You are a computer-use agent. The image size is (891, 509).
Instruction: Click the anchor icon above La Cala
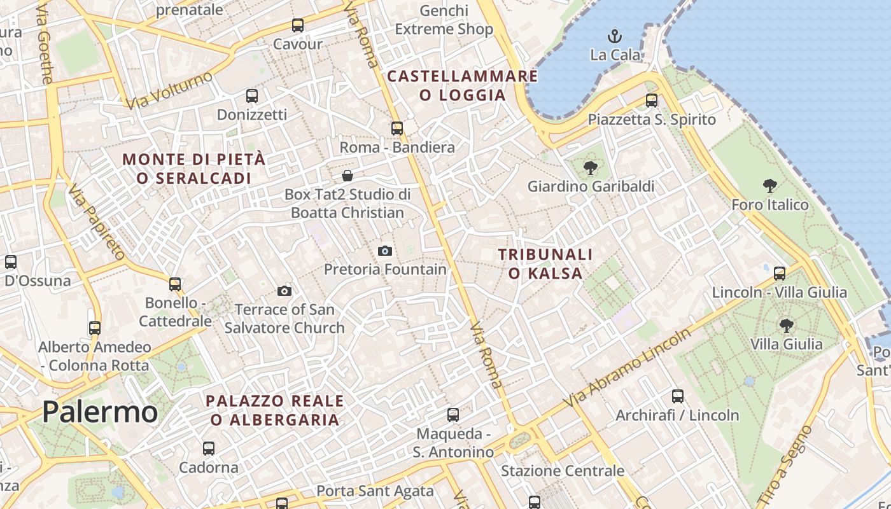614,36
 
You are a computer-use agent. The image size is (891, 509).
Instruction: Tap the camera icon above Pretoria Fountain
384,251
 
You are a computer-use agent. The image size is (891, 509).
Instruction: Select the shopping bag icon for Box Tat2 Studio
347,176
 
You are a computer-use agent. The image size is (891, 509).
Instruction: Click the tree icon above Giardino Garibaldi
591,169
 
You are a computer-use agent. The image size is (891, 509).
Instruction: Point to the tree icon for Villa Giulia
786,326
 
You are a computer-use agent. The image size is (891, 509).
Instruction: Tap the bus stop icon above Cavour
298,26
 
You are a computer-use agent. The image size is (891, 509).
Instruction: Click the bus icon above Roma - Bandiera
397,129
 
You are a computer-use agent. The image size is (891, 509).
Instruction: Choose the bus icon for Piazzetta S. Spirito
651,101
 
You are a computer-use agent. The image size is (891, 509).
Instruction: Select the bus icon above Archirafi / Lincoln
677,396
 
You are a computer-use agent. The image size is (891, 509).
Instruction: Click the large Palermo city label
100,412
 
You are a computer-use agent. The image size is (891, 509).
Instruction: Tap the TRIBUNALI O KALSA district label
545,264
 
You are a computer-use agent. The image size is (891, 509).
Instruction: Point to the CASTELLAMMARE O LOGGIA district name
463,86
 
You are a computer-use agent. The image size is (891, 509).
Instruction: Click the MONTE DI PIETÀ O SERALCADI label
194,169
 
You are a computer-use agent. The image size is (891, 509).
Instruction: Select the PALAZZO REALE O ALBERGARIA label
275,410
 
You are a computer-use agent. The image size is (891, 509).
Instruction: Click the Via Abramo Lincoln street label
627,369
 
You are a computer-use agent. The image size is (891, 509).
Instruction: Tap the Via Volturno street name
169,90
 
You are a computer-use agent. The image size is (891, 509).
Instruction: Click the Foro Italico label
770,205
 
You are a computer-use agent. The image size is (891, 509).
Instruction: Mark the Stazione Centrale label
563,471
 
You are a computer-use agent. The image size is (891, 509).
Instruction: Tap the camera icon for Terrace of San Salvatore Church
284,291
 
